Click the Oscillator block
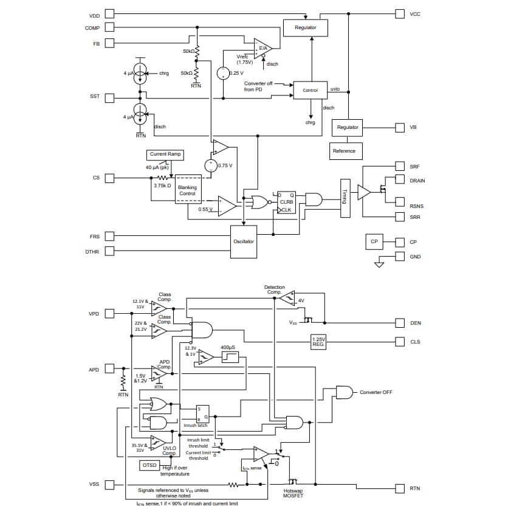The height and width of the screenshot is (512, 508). [243, 241]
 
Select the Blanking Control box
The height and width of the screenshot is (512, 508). [187, 190]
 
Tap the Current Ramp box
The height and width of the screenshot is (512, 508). [165, 154]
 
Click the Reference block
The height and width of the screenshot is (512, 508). [344, 151]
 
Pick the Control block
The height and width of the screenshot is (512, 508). [310, 90]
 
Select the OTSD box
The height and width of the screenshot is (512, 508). [149, 465]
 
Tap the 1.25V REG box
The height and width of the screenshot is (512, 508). [318, 342]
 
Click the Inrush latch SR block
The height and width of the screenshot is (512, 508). [202, 414]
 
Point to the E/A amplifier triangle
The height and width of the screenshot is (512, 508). [263, 48]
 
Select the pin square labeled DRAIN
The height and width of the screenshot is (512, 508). [399, 181]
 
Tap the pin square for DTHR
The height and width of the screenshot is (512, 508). [109, 251]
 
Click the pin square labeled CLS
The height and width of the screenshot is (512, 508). [399, 342]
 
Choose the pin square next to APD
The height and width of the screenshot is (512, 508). [109, 368]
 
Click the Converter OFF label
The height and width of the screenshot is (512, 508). [376, 392]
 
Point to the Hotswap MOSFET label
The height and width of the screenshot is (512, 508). [293, 496]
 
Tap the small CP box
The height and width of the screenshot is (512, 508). [374, 241]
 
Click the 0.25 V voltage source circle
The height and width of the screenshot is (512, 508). [223, 73]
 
